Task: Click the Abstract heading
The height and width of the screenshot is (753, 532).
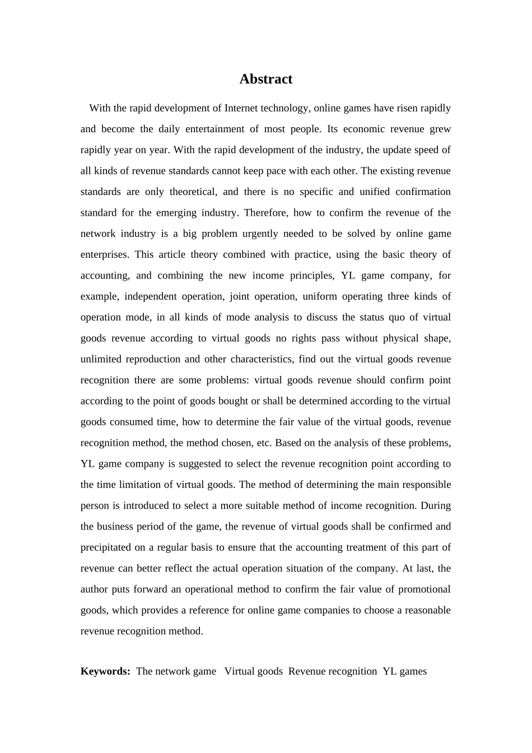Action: click(265, 79)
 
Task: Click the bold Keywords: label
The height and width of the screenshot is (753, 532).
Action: click(105, 671)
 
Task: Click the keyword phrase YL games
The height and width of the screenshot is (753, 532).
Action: click(404, 671)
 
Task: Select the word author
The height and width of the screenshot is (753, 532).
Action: click(94, 589)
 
